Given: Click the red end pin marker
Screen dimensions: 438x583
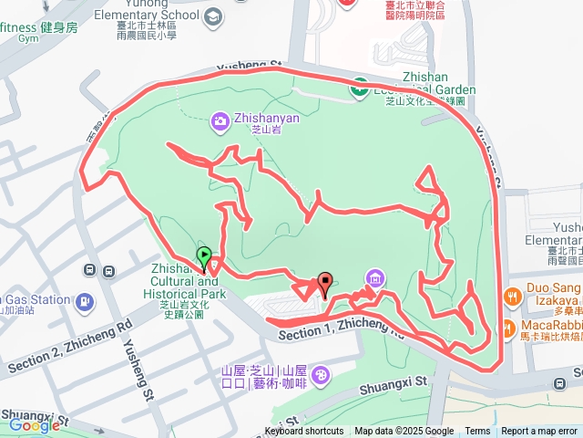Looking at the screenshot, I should [325, 284].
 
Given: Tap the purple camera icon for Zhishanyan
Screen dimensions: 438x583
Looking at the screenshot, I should [220, 120].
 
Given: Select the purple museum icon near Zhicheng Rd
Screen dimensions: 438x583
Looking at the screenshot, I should [373, 277].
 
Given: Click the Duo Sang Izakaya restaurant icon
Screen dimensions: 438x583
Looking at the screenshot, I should [512, 297].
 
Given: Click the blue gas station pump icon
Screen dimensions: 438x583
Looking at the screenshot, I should [84, 301].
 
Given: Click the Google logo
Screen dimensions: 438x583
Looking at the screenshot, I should [34, 424].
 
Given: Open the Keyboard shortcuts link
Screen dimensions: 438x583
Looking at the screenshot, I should [304, 432].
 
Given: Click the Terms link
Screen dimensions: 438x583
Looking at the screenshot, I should [477, 432].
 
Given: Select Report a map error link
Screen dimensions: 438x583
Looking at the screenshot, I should [539, 432].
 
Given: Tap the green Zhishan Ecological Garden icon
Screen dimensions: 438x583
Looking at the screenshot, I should [359, 89].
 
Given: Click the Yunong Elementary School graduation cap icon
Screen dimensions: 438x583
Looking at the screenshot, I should [212, 16].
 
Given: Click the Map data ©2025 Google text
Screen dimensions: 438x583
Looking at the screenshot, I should [404, 432].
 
